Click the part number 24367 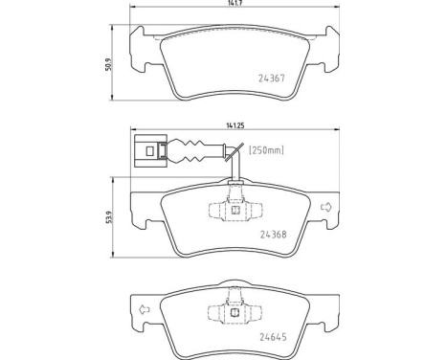pyautogui.click(x=271, y=79)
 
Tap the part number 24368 pyautogui.click(x=274, y=235)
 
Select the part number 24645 pyautogui.click(x=274, y=337)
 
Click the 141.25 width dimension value pyautogui.click(x=235, y=125)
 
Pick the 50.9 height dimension pyautogui.click(x=109, y=64)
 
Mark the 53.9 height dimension pyautogui.click(x=109, y=217)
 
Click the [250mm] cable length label pyautogui.click(x=266, y=150)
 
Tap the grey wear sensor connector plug pyautogui.click(x=150, y=151)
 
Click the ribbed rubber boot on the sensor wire pyautogui.click(x=185, y=150)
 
